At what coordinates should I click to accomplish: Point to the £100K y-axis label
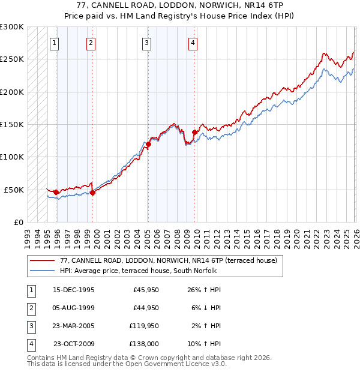[x=12, y=157]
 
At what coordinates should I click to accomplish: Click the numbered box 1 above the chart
[x=55, y=42]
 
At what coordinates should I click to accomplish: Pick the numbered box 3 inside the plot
[x=146, y=42]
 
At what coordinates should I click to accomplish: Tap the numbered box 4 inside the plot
[x=193, y=42]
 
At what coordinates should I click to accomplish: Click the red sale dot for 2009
[x=194, y=132]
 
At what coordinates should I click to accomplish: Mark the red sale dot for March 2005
[x=148, y=144]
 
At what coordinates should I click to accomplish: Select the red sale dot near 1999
[x=93, y=193]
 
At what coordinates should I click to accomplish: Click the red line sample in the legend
[x=43, y=261]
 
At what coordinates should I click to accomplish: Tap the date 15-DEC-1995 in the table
[x=74, y=290]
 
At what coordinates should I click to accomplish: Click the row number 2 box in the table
[x=31, y=308]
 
